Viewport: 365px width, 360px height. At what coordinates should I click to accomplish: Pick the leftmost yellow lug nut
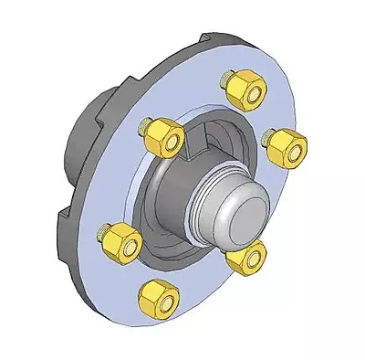coord(121,243)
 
